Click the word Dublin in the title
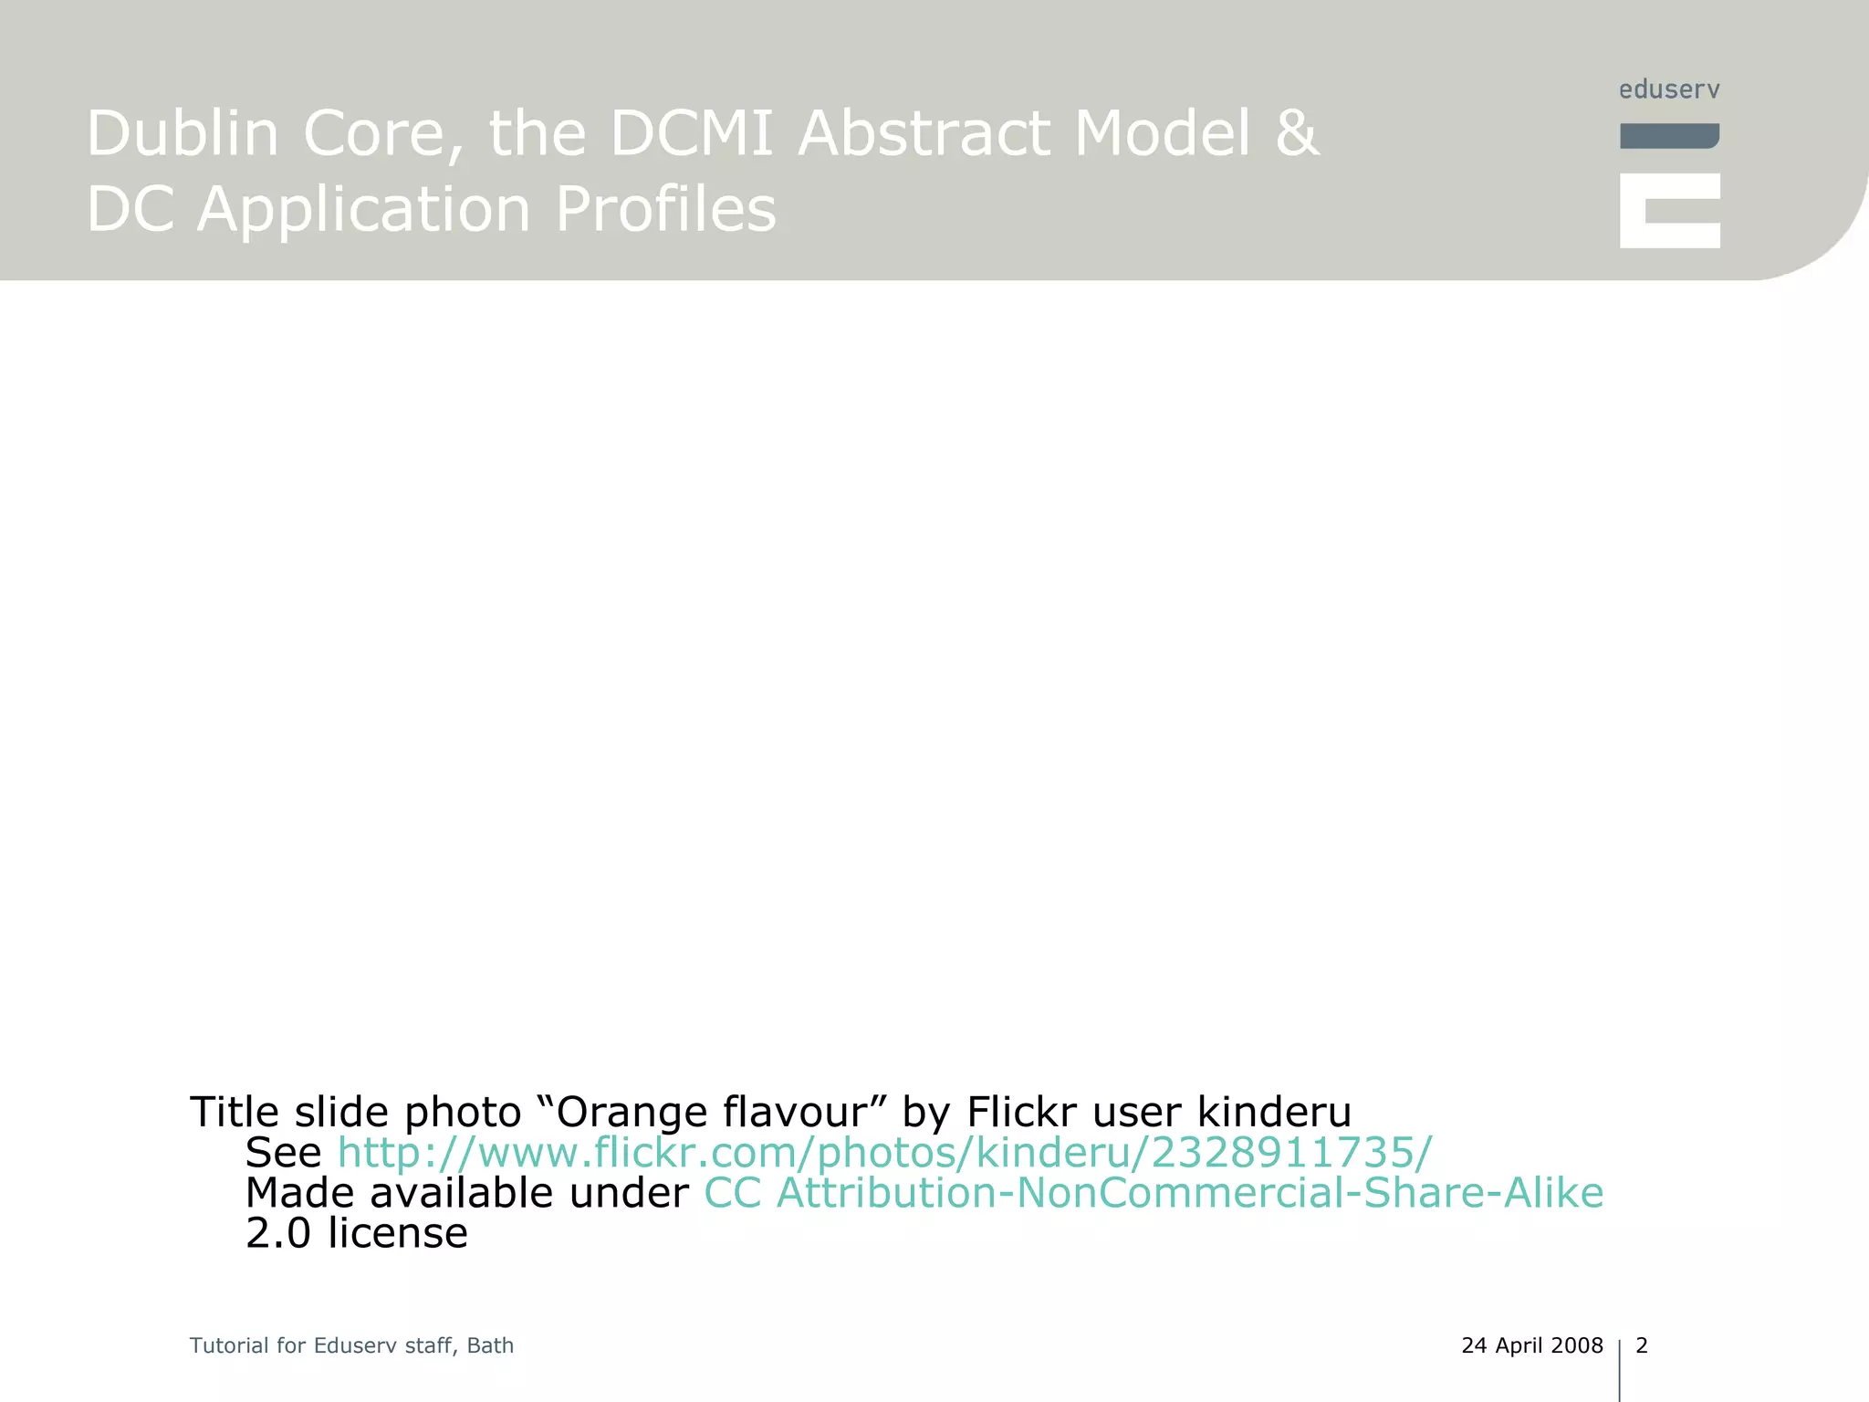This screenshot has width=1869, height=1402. [183, 133]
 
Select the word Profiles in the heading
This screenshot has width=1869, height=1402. [665, 209]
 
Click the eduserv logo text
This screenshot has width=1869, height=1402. [1669, 89]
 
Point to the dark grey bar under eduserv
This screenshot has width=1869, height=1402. [1669, 136]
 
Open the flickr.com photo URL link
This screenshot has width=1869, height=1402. [884, 1152]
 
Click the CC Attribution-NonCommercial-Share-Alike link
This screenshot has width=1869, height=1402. [1153, 1193]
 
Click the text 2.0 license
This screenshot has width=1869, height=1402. [357, 1233]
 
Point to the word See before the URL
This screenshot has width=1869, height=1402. [283, 1153]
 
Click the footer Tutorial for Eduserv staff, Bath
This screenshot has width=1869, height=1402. [351, 1345]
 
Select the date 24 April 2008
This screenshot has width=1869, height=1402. [1531, 1345]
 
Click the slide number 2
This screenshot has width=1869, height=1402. [1642, 1345]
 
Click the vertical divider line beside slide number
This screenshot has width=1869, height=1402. [1620, 1369]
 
